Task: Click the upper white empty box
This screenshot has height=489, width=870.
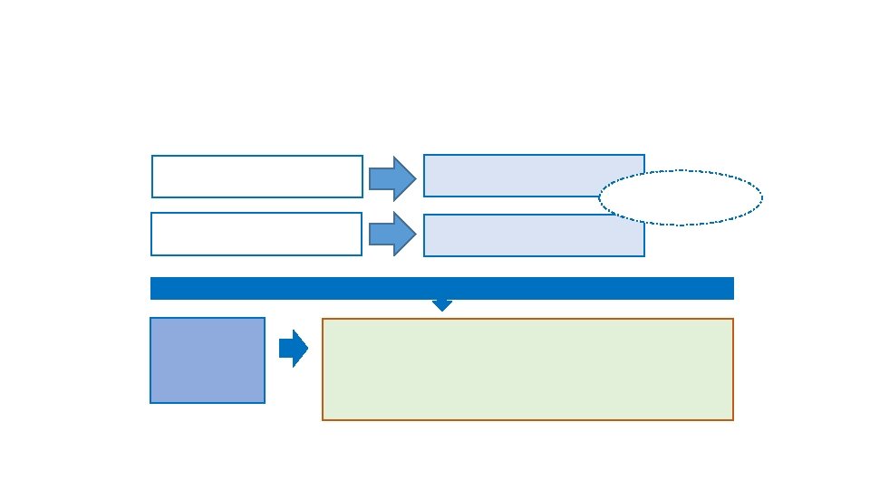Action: point(257,177)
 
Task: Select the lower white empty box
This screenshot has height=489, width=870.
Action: point(256,234)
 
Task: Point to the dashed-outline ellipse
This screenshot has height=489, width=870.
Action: point(681,197)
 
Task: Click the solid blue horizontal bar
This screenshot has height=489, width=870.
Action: point(441,288)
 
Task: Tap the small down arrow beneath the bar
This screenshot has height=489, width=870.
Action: point(441,305)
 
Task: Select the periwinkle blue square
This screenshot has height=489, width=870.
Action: point(208,360)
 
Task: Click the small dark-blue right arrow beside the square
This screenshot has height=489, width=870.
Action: point(293,349)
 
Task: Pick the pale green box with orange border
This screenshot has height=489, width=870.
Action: point(527,369)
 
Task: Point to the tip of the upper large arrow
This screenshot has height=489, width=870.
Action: point(415,177)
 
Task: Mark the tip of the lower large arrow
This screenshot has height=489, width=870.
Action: point(415,234)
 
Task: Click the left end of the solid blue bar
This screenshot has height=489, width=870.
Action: point(152,288)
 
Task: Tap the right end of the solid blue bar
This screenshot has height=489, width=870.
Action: point(731,288)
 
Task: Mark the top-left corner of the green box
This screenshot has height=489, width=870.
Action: point(324,320)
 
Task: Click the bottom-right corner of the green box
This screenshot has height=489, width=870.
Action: point(732,419)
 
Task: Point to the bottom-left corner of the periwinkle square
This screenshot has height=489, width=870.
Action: point(151,402)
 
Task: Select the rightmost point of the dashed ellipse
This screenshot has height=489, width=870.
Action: point(761,197)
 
